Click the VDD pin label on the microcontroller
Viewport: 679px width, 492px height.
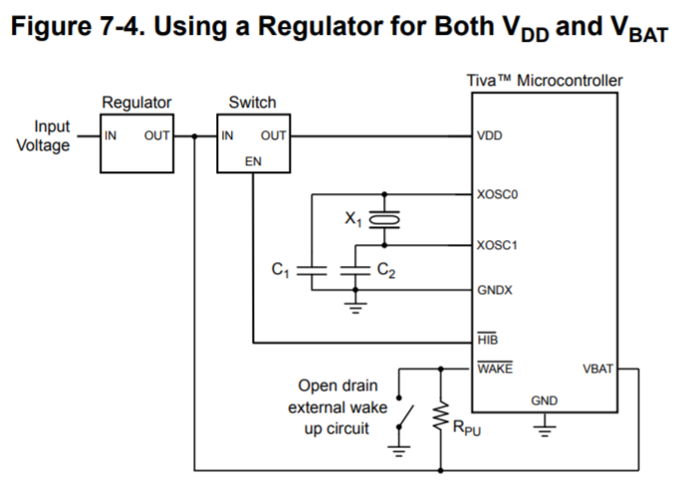pyautogui.click(x=490, y=135)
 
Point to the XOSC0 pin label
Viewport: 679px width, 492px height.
pyautogui.click(x=497, y=194)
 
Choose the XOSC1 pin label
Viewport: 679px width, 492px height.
pyautogui.click(x=497, y=244)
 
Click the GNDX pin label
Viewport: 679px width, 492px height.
pyautogui.click(x=495, y=291)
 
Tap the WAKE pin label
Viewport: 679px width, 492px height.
pyautogui.click(x=495, y=369)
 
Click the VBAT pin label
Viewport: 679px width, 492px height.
pyautogui.click(x=598, y=369)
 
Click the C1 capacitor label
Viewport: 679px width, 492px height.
pyautogui.click(x=281, y=268)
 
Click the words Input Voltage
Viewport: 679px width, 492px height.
pyautogui.click(x=46, y=136)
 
